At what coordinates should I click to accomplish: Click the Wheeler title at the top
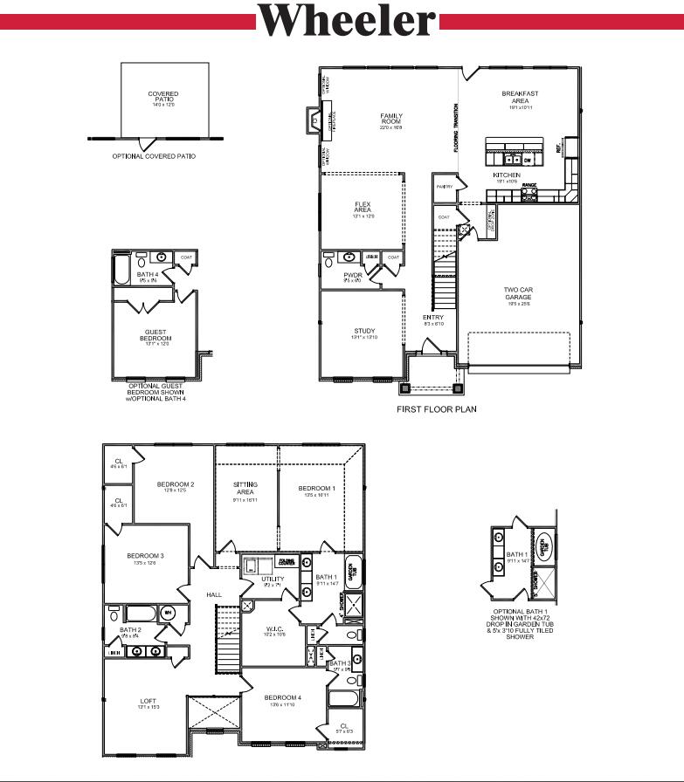(347, 19)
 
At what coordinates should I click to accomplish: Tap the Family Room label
(390, 120)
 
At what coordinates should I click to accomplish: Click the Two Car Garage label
(517, 292)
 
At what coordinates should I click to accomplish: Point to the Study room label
(364, 332)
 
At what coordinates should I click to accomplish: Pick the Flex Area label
(363, 208)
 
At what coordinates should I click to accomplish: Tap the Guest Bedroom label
(157, 335)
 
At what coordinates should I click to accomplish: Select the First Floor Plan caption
(437, 408)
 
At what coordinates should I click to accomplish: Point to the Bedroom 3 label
(145, 556)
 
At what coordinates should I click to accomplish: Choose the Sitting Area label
(245, 486)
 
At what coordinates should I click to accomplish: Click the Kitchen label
(507, 175)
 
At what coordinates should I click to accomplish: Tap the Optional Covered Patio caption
(154, 156)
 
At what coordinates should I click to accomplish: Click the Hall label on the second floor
(214, 594)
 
